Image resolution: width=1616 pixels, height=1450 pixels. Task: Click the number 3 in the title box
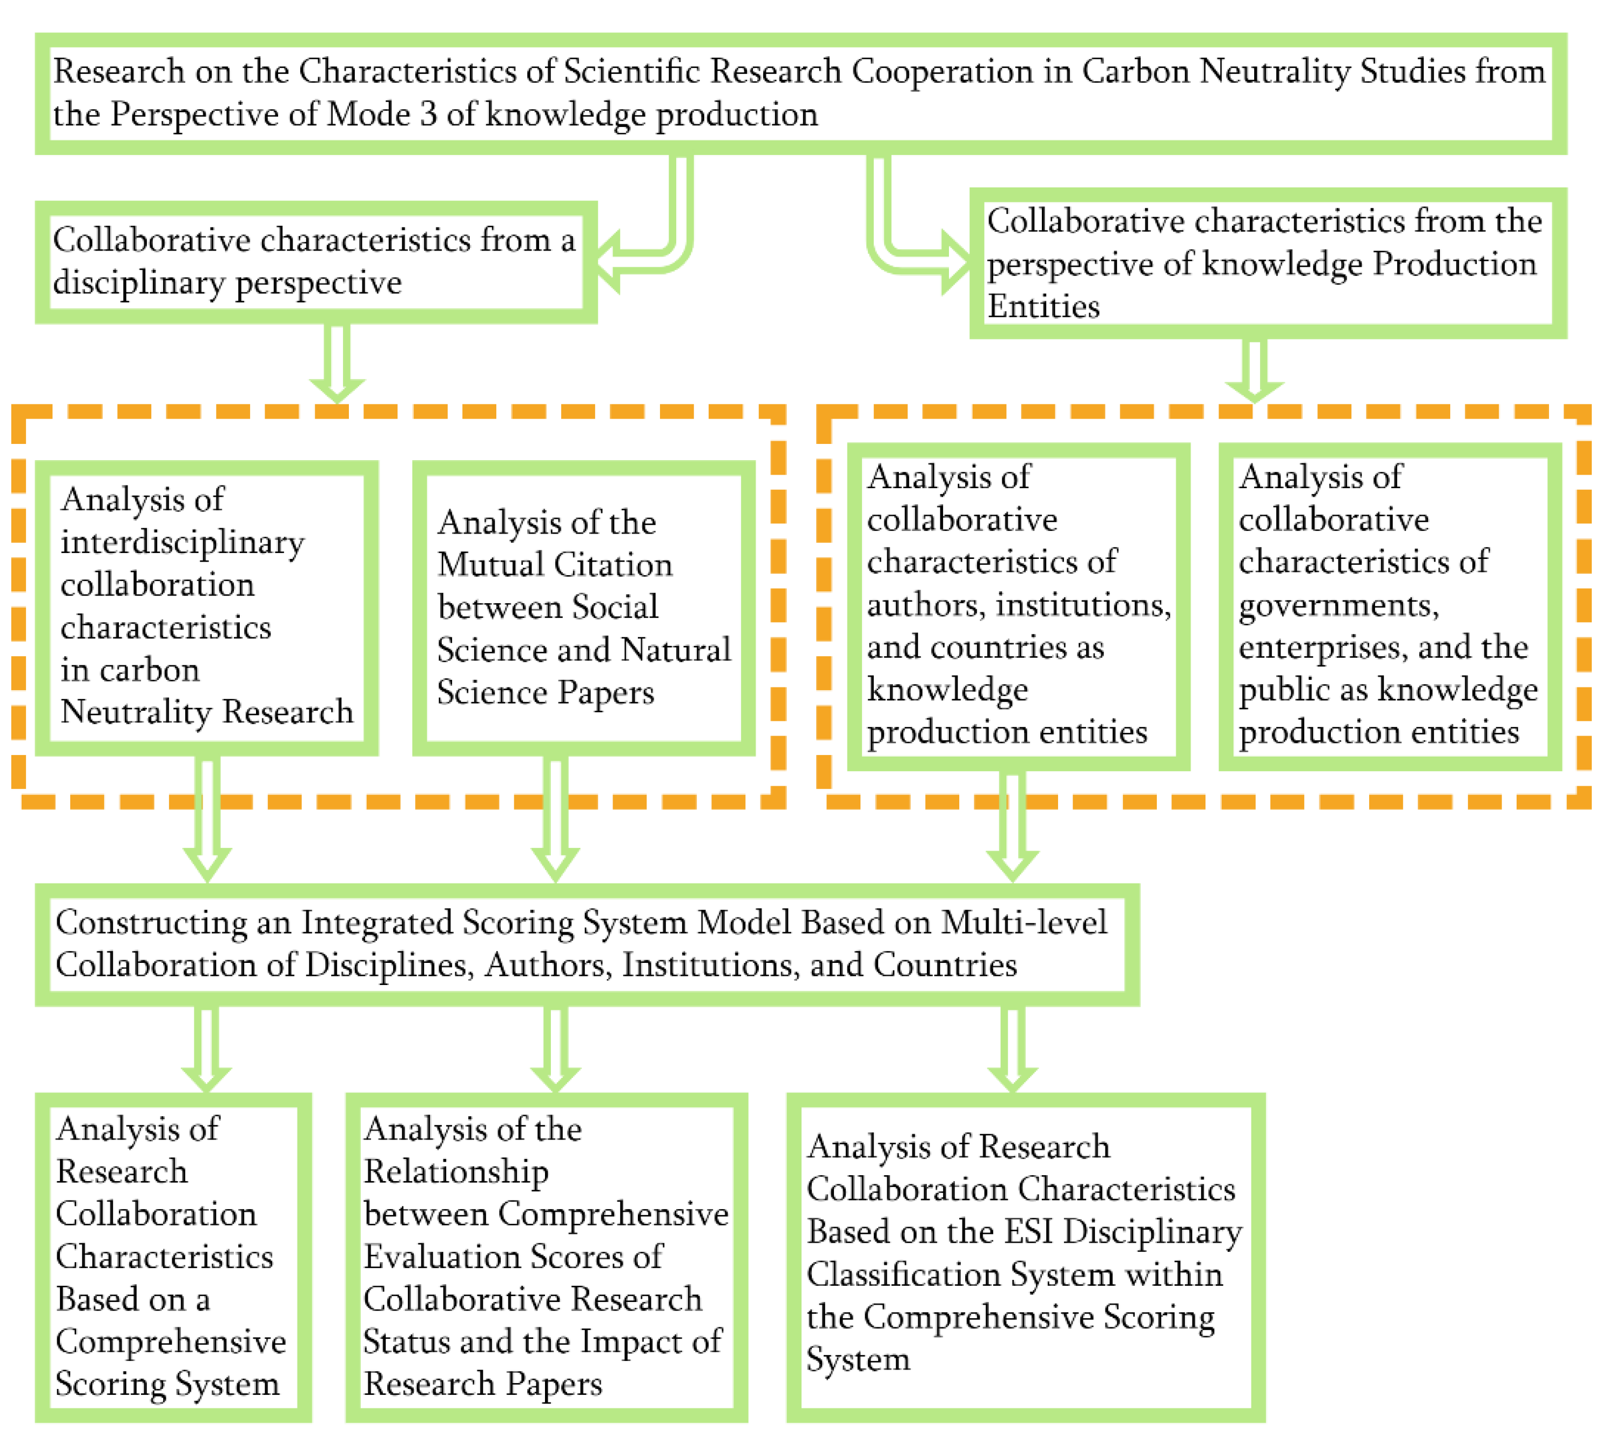pyautogui.click(x=429, y=114)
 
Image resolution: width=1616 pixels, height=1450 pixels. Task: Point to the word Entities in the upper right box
pyautogui.click(x=1044, y=307)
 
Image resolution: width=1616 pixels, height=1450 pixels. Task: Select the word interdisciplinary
pyautogui.click(x=183, y=543)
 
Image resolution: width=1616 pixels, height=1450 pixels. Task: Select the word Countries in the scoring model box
pyautogui.click(x=945, y=965)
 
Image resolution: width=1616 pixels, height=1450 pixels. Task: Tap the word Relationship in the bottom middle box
pyautogui.click(x=456, y=1172)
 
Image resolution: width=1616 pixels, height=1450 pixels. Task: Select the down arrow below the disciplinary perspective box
pyautogui.click(x=337, y=362)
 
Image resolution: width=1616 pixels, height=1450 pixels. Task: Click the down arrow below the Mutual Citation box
pyautogui.click(x=555, y=821)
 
